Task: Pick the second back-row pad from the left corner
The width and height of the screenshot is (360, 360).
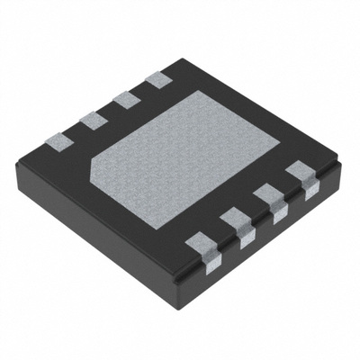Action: tap(89, 119)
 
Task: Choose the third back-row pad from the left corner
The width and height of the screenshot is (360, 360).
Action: tap(124, 99)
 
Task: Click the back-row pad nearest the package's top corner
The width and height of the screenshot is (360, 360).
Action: tap(157, 79)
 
